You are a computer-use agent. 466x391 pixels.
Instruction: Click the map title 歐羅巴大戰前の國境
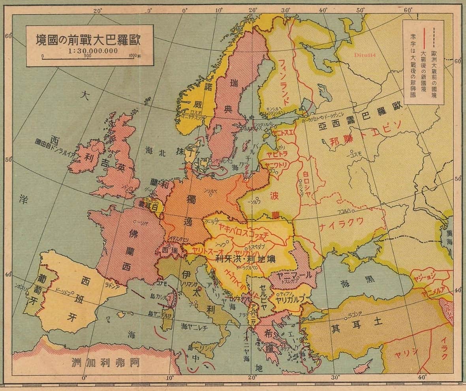(x=89, y=40)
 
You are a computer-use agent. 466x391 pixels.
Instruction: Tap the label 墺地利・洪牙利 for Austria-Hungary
(x=245, y=259)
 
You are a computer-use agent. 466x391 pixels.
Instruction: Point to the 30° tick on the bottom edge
(x=335, y=378)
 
